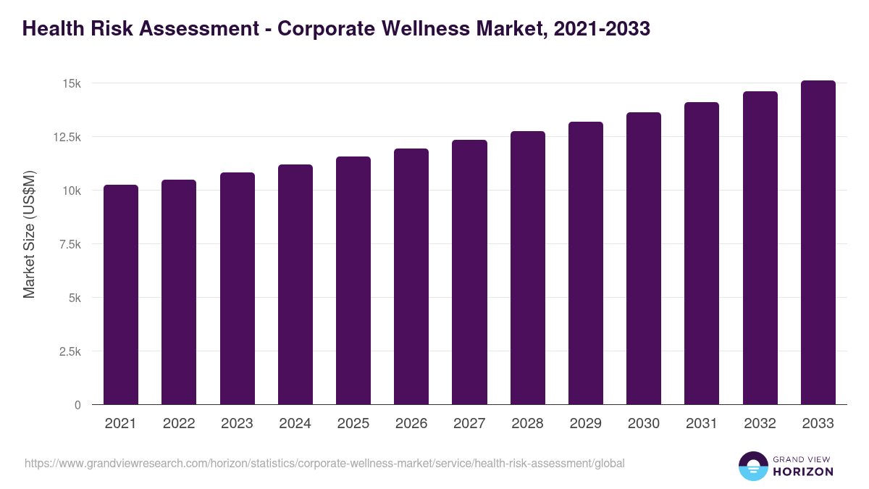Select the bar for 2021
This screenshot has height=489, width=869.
pyautogui.click(x=121, y=294)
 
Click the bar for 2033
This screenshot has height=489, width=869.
pyautogui.click(x=818, y=243)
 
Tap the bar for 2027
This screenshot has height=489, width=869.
pyautogui.click(x=469, y=272)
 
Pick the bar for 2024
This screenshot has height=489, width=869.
pyautogui.click(x=295, y=285)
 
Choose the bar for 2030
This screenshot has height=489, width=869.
pyautogui.click(x=644, y=259)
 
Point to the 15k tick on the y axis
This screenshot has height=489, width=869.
pyautogui.click(x=72, y=84)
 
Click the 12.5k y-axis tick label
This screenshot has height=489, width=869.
pyautogui.click(x=66, y=138)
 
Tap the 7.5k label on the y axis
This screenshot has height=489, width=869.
pyautogui.click(x=69, y=245)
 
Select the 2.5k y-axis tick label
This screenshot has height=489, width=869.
pyautogui.click(x=69, y=352)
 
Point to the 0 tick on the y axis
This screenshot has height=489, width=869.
pyautogui.click(x=77, y=406)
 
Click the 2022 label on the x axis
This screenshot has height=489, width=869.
pyautogui.click(x=179, y=424)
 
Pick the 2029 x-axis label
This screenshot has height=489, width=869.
pyautogui.click(x=585, y=424)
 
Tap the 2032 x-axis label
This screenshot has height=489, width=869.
pyautogui.click(x=760, y=424)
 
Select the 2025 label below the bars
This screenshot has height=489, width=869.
pyautogui.click(x=353, y=424)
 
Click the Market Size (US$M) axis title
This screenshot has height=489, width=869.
pyautogui.click(x=29, y=234)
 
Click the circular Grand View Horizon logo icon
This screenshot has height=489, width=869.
pyautogui.click(x=752, y=466)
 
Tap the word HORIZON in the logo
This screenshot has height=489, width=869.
pyautogui.click(x=803, y=472)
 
